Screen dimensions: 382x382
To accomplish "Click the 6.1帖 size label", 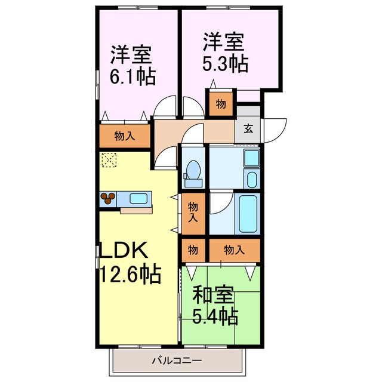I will pos(133,77).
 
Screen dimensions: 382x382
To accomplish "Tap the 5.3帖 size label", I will pos(225,63).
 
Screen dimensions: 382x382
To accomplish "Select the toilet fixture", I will pos(193,170).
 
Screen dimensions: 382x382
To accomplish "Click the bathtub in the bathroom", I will pos(248,214).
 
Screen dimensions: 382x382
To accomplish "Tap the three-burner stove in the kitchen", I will pos(109,198).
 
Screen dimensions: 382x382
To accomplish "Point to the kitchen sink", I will pos(138,198).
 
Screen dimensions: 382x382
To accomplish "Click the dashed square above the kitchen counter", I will pos(109,160).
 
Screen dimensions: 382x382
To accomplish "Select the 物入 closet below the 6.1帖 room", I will pos(124,136).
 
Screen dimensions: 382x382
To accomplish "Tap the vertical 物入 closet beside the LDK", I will pos(193,212).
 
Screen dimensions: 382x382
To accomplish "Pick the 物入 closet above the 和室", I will pos(234,249).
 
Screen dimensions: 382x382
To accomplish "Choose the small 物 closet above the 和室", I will pos(193,249).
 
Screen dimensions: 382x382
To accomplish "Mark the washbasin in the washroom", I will pos(252,159).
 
